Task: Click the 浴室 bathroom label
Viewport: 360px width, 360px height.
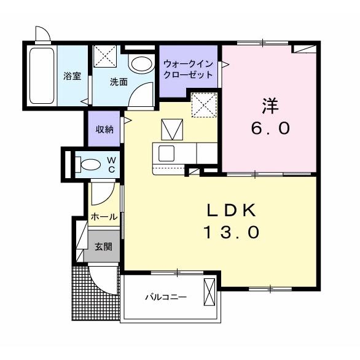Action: [x=72, y=76]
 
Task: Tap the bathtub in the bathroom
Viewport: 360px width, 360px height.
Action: [x=42, y=76]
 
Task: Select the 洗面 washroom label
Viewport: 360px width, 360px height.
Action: [x=119, y=82]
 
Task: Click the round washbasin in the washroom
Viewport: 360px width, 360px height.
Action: [x=141, y=64]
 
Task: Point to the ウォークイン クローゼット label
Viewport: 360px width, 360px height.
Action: [x=188, y=69]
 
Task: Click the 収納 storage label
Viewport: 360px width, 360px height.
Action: [x=104, y=130]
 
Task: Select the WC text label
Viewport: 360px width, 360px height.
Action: [x=112, y=165]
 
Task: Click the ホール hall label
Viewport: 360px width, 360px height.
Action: [x=104, y=217]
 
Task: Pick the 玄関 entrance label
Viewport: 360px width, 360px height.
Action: [x=104, y=246]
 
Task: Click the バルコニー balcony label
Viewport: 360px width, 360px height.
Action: [x=166, y=297]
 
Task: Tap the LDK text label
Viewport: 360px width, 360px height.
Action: [x=232, y=211]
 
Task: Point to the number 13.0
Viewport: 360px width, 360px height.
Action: [x=232, y=232]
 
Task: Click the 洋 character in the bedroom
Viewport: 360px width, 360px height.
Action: [x=270, y=106]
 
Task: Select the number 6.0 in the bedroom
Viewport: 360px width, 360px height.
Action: [x=270, y=128]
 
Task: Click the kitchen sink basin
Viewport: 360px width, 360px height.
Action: [x=166, y=153]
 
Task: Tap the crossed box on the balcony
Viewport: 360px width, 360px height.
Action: [x=209, y=292]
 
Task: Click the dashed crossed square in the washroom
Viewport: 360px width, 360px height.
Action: [x=104, y=56]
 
